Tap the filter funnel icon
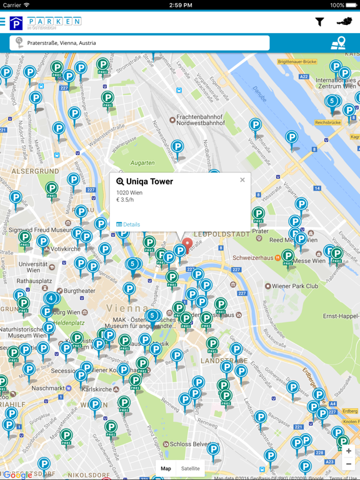click(x=319, y=22)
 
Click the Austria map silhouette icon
click(x=344, y=22)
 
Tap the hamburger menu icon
click(x=2, y=22)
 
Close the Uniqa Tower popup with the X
click(x=242, y=180)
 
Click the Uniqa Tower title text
click(x=149, y=182)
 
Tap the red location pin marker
click(x=187, y=245)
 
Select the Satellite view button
click(x=191, y=468)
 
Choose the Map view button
click(x=166, y=468)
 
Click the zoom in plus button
click(x=349, y=451)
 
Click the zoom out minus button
click(x=349, y=464)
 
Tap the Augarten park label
click(x=142, y=163)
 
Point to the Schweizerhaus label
click(x=254, y=257)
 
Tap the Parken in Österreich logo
click(x=45, y=23)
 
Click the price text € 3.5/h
click(x=125, y=200)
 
